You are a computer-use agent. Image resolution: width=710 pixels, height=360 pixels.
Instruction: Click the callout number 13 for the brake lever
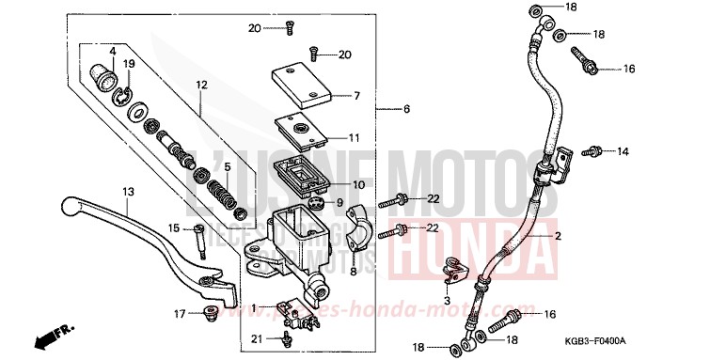[x=128, y=191]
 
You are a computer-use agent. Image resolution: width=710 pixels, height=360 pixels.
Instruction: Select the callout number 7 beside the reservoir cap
[x=356, y=95]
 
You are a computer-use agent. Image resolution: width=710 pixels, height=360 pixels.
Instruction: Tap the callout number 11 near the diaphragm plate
[x=355, y=137]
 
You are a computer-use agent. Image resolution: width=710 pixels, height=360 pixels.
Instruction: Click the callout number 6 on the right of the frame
[x=406, y=110]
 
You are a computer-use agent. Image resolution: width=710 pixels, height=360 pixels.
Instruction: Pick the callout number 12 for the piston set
[x=200, y=85]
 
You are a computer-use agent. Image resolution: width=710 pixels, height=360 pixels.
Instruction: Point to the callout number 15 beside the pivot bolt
[x=174, y=228]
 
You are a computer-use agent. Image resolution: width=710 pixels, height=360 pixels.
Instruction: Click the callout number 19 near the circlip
[x=130, y=64]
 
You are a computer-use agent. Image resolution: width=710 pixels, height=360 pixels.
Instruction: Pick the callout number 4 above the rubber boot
[x=111, y=51]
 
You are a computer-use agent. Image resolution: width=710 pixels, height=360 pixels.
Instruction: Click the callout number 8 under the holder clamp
[x=355, y=271]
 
